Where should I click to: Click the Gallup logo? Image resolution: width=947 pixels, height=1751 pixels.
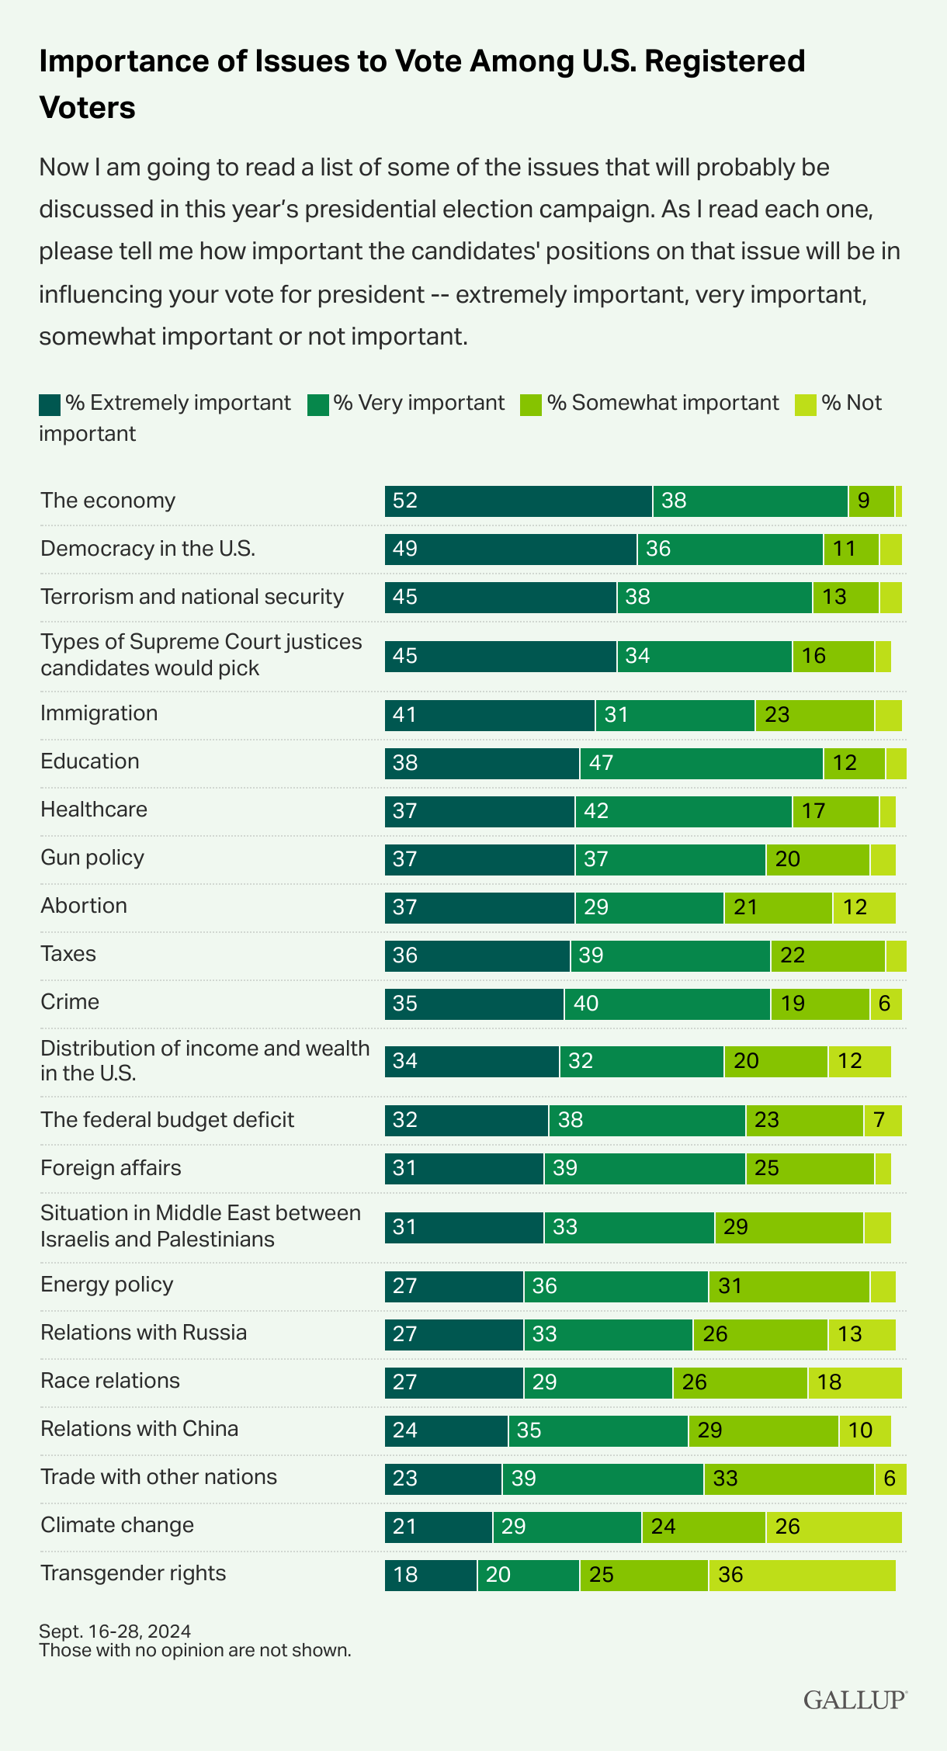pyautogui.click(x=855, y=1700)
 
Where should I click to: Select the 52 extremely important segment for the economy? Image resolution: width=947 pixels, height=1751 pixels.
pyautogui.click(x=519, y=501)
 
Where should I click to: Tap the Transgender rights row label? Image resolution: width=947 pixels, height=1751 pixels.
pyautogui.click(x=133, y=1573)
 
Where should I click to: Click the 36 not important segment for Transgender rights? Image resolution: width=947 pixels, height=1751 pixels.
pyautogui.click(x=802, y=1575)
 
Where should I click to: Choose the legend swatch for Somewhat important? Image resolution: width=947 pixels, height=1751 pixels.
pyautogui.click(x=531, y=404)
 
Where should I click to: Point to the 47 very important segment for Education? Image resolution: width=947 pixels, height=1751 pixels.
pyautogui.click(x=701, y=764)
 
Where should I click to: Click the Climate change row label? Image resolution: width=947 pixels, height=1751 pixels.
pyautogui.click(x=117, y=1525)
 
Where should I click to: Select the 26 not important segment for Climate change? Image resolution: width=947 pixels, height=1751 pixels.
pyautogui.click(x=834, y=1527)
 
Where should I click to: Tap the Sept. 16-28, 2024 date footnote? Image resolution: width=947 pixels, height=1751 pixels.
pyautogui.click(x=115, y=1631)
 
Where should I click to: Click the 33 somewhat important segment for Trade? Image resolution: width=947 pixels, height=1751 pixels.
pyautogui.click(x=789, y=1479)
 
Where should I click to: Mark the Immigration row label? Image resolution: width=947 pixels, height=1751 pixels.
pyautogui.click(x=99, y=713)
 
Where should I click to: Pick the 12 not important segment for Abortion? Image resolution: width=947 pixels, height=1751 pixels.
pyautogui.click(x=864, y=907)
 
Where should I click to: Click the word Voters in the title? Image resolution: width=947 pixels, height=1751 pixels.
pyautogui.click(x=87, y=107)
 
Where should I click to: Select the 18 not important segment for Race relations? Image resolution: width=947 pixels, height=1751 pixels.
pyautogui.click(x=855, y=1382)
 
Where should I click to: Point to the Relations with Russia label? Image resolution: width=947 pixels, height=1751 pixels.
pyautogui.click(x=144, y=1333)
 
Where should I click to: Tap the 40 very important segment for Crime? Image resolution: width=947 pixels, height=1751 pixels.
pyautogui.click(x=668, y=1004)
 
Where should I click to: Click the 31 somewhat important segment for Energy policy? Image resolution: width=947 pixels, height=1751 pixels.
pyautogui.click(x=789, y=1286)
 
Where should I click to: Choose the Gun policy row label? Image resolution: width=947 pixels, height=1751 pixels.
pyautogui.click(x=92, y=858)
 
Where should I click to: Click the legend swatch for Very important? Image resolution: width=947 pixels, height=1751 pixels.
pyautogui.click(x=318, y=404)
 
